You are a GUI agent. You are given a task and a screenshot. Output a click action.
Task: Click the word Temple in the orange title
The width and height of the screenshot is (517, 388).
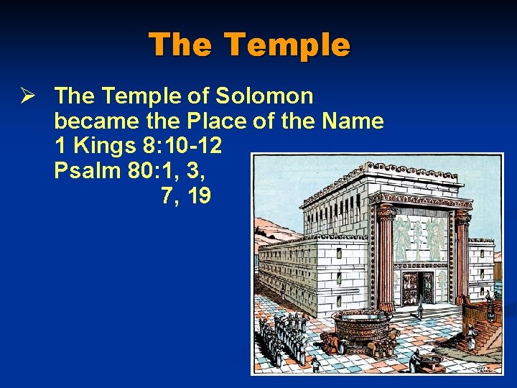pos(287,45)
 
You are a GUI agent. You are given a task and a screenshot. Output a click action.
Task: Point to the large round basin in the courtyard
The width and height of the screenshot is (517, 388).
pos(360,328)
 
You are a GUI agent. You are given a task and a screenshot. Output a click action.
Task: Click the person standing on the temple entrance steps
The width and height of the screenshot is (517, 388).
pos(421,310)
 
